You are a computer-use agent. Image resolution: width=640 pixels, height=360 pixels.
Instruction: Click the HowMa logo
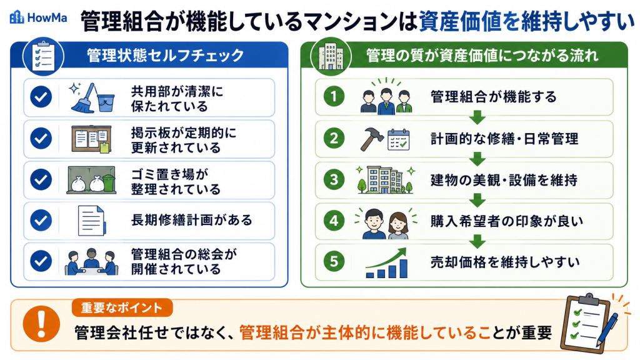(38, 17)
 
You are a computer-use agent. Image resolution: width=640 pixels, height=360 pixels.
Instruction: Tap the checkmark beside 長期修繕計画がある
(41, 220)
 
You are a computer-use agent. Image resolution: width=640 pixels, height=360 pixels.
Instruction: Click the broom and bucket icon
(92, 98)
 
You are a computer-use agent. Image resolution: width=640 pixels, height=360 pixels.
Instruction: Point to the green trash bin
(109, 182)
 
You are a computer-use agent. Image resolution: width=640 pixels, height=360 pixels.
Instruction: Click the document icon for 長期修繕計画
(92, 221)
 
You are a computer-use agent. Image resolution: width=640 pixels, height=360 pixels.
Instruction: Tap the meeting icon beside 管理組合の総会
(91, 262)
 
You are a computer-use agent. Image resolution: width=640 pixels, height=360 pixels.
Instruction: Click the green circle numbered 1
(334, 96)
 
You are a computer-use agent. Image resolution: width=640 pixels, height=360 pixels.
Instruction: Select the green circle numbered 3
(334, 179)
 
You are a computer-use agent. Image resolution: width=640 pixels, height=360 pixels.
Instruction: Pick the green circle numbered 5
(334, 261)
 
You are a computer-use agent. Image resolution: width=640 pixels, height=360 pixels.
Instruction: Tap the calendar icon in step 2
(398, 139)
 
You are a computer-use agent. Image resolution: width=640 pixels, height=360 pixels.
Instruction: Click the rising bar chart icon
(386, 263)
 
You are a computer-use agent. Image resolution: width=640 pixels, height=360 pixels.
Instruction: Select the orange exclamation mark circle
(41, 324)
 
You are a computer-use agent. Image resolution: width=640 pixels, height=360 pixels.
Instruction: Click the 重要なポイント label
(122, 307)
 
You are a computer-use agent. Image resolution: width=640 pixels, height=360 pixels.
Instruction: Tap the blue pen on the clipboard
(607, 329)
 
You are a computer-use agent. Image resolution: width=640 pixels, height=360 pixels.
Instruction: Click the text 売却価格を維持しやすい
(505, 262)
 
